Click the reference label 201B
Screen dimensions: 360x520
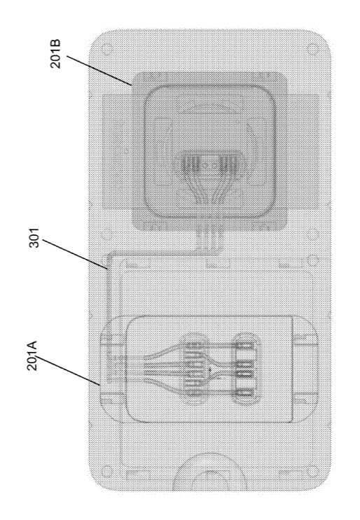point(55,54)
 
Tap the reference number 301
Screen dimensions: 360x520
point(34,237)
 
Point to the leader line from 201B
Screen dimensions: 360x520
point(99,71)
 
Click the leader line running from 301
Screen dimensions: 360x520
point(75,253)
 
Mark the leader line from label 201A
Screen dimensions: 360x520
point(69,370)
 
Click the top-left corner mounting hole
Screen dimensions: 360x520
point(107,49)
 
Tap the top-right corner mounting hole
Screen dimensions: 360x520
point(312,49)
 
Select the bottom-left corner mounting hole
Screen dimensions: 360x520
point(107,471)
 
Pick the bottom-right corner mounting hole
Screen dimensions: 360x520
point(312,471)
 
